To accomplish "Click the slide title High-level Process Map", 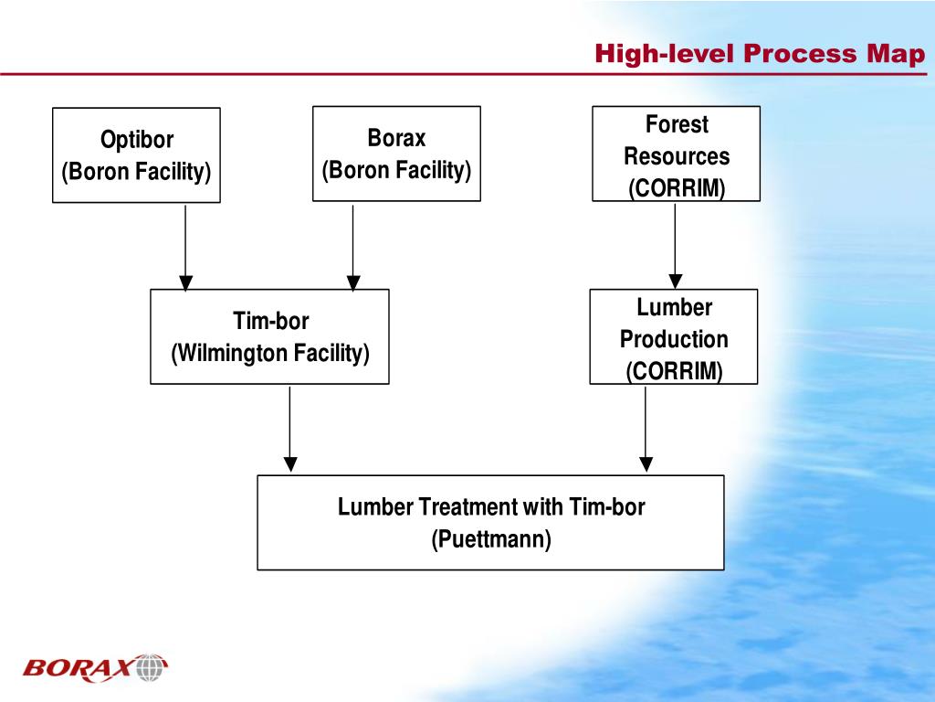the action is coord(760,54).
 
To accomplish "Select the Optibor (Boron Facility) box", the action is coord(136,154).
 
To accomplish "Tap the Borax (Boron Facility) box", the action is coord(396,154).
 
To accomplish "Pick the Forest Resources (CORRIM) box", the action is coord(676,154).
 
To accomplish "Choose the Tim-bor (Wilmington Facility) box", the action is coord(269,336).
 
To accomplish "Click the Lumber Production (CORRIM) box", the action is coord(674,336).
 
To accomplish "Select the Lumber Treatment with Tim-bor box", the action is coord(490,522).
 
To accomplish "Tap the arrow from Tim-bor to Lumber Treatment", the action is coord(289,428).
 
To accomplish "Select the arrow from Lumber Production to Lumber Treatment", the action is coord(646,428).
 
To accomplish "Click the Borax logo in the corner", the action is coord(96,668).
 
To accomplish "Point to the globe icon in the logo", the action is coord(152,668).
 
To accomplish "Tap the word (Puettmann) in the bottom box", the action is coord(491,539).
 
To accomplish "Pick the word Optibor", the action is coord(136,140).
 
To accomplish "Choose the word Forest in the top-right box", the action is coord(677,123).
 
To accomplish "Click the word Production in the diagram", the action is coord(674,340).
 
